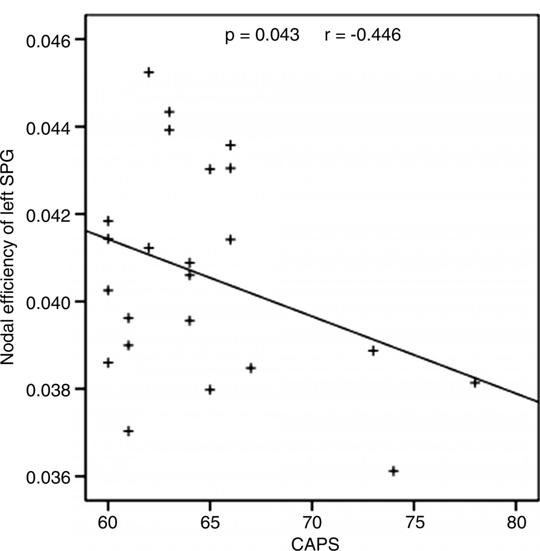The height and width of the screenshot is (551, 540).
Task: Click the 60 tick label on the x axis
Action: pyautogui.click(x=108, y=522)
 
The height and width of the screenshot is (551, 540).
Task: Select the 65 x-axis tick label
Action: pyautogui.click(x=210, y=522)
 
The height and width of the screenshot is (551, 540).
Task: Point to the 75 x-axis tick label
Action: pyautogui.click(x=414, y=522)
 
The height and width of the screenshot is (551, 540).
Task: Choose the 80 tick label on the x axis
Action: pyautogui.click(x=516, y=522)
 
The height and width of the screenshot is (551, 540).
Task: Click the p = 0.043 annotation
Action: pyautogui.click(x=262, y=35)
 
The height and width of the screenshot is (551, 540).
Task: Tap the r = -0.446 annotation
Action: pyautogui.click(x=363, y=35)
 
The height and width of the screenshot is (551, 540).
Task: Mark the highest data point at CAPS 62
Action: pyautogui.click(x=149, y=72)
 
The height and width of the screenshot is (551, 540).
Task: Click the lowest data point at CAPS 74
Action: pyautogui.click(x=393, y=471)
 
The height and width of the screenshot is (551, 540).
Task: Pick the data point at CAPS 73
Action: pyautogui.click(x=373, y=351)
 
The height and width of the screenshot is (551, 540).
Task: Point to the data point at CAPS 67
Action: pyautogui.click(x=251, y=368)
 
